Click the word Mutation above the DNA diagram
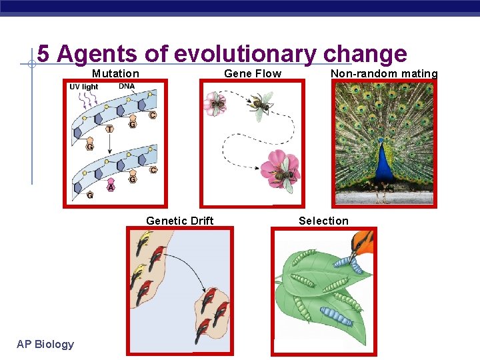(115, 73)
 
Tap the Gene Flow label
(253, 73)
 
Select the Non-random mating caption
(384, 73)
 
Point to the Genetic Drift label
(179, 221)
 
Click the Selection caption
(323, 221)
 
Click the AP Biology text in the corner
(45, 344)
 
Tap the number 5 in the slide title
(43, 53)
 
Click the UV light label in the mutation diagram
(83, 87)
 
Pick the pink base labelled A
(111, 187)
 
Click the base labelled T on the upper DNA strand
(109, 128)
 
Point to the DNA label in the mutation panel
(127, 86)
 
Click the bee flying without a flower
(261, 103)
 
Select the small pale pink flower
(215, 103)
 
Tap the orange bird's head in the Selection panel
(363, 241)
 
